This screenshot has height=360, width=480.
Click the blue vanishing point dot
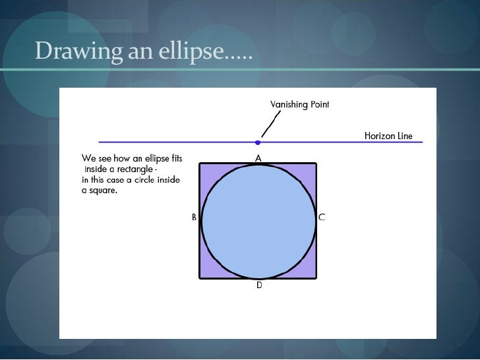pyautogui.click(x=258, y=142)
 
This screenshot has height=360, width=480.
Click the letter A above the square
pyautogui.click(x=258, y=158)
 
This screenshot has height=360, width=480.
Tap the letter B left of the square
pyautogui.click(x=194, y=217)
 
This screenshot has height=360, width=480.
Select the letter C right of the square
pyautogui.click(x=322, y=217)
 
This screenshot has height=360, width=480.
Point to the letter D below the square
pyautogui.click(x=259, y=285)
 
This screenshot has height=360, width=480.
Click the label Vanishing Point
pyautogui.click(x=300, y=105)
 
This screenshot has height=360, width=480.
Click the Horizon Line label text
pyautogui.click(x=388, y=136)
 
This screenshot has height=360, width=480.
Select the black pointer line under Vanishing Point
pyautogui.click(x=270, y=123)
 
